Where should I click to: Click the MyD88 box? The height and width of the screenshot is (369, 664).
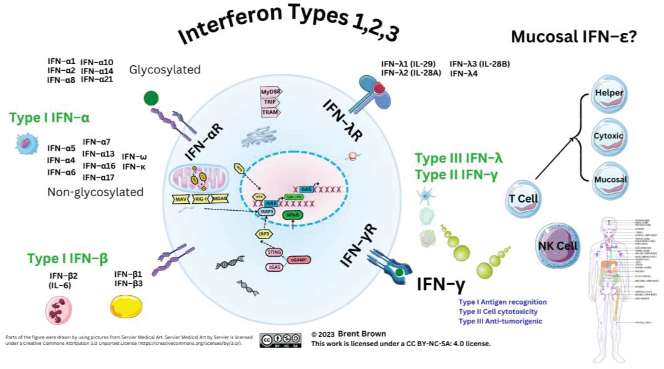coord(271,92)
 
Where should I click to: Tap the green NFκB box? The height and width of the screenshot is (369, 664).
coord(293,215)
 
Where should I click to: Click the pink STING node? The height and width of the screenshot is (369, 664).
coord(274,252)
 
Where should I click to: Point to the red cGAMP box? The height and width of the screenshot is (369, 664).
coord(298,260)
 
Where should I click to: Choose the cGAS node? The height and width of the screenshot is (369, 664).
coord(274,267)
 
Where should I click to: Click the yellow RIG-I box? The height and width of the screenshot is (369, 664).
coord(201,199)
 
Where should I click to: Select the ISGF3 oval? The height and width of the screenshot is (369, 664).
coord(267,212)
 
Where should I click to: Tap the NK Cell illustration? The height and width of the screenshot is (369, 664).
coord(558,246)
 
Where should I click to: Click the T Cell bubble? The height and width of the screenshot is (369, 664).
coord(523,199)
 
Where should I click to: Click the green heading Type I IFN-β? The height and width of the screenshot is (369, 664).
coord(68,259)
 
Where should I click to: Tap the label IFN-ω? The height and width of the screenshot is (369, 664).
coord(134,157)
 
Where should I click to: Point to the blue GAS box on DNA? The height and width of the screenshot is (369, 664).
coord(306,190)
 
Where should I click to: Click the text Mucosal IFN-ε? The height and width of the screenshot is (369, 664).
coord(574,37)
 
